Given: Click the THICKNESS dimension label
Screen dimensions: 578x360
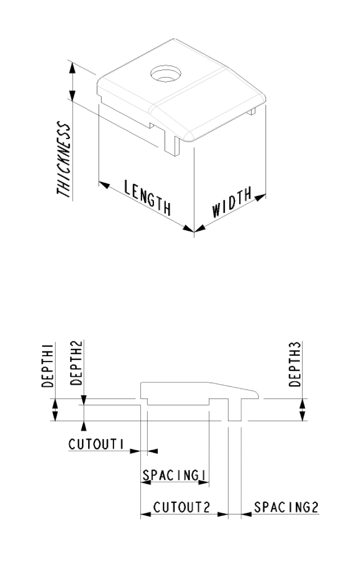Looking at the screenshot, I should click(x=64, y=160).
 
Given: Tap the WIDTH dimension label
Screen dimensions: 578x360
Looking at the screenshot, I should click(x=232, y=202).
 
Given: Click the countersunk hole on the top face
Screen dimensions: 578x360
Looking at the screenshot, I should click(x=165, y=74).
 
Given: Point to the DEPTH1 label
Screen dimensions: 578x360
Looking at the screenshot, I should click(x=47, y=365).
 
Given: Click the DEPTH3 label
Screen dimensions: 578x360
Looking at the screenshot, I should click(x=295, y=364).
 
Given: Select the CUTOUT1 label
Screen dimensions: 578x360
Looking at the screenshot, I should click(x=96, y=445).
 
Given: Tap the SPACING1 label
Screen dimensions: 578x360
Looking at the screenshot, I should click(x=175, y=475).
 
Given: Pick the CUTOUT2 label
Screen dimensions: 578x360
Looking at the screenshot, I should click(x=182, y=508).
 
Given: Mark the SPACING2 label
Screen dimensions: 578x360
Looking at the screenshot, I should click(x=286, y=508).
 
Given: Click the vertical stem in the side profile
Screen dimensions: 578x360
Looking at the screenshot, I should click(x=234, y=409).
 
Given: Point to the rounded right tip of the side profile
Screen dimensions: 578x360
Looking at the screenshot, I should click(x=256, y=394).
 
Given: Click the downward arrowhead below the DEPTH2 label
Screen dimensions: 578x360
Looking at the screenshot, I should click(x=84, y=400).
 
